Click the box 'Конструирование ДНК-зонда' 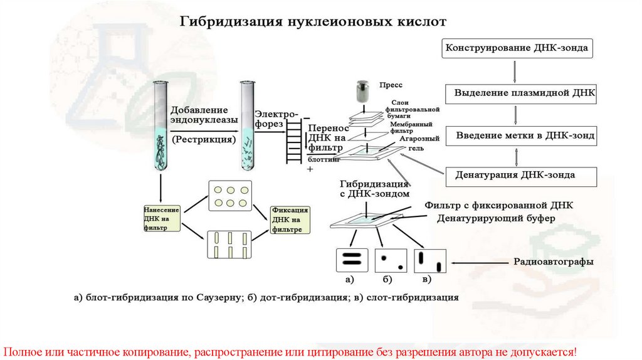click(517, 48)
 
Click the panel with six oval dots click(229, 196)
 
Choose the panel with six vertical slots click(229, 245)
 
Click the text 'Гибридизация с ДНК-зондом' click(374, 189)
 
